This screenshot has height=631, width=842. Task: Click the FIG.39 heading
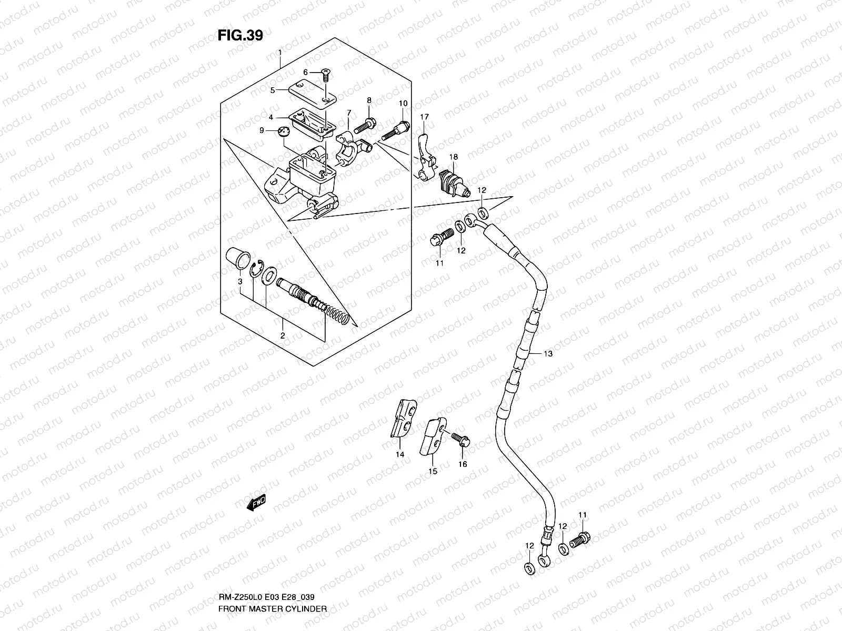point(240,35)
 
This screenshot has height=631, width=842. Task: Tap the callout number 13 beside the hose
point(548,354)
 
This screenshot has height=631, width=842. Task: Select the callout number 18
point(453,157)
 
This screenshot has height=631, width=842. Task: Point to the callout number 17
point(424,116)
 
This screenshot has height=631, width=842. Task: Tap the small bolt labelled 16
point(462,439)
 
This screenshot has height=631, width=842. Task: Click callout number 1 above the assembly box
point(280,53)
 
